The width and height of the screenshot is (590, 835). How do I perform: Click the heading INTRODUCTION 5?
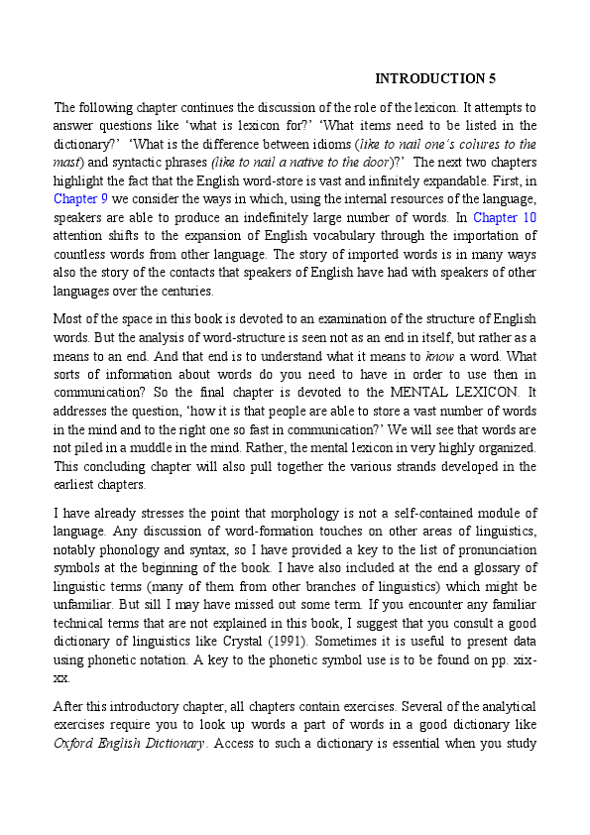coord(435,78)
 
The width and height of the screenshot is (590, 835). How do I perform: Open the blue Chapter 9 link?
coord(75,198)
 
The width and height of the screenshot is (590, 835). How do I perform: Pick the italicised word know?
coord(440,356)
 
